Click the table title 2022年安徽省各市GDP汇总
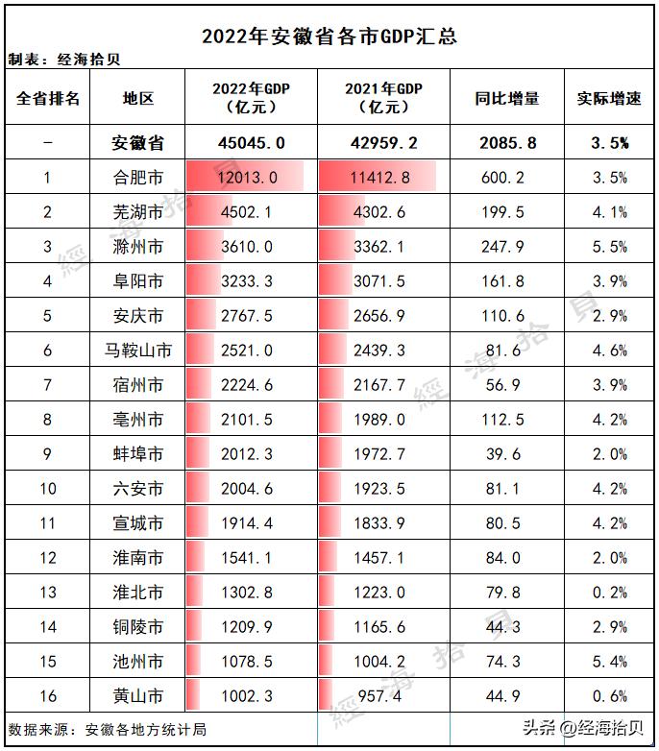(x=329, y=36)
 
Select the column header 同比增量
(x=507, y=98)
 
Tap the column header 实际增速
(x=609, y=98)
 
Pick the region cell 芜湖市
(x=137, y=212)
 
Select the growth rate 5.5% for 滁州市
(x=609, y=247)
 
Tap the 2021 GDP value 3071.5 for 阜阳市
(x=382, y=281)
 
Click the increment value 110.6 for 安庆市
(x=507, y=316)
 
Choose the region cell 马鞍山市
(x=137, y=351)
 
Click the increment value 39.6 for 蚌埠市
(x=507, y=454)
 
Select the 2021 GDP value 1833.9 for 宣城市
(x=382, y=523)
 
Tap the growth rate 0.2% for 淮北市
(x=609, y=593)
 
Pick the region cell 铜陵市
(x=137, y=627)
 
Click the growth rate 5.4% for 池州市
(x=609, y=662)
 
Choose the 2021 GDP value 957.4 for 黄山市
(x=382, y=696)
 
